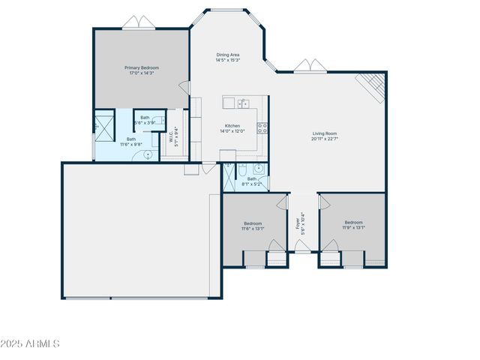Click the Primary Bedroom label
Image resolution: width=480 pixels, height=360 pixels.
point(142,70)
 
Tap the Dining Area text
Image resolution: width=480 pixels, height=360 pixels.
point(228,57)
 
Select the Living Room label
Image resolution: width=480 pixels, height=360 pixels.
point(325,136)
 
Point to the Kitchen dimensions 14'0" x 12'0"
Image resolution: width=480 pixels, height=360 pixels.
point(232,131)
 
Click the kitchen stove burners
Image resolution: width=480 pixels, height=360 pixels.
point(262,127)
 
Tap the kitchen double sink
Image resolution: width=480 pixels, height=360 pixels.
point(242,103)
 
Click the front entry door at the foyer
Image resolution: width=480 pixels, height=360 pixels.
point(301,246)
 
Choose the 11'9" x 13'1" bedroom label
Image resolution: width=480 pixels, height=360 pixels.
point(353,225)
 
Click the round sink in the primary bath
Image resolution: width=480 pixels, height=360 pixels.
point(148,154)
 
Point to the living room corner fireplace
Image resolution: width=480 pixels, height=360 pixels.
point(372,86)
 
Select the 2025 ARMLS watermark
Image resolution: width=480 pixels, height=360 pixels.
point(31,343)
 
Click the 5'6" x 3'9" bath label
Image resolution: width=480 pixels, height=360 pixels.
point(144,120)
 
